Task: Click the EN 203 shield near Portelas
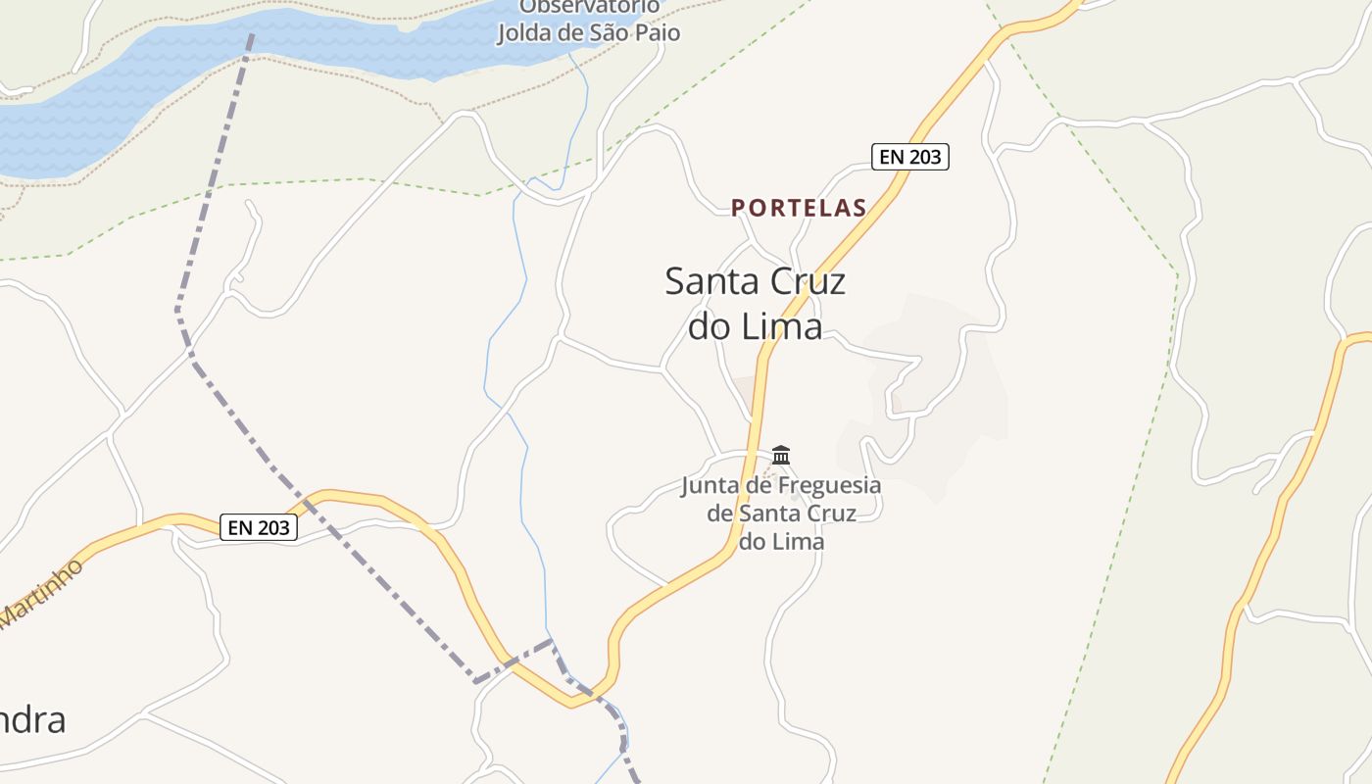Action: pos(910,157)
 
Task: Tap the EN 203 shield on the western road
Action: pos(259,527)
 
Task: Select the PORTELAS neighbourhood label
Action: pos(799,208)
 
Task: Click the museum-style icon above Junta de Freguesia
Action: pos(781,455)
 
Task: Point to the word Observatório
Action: pos(589,7)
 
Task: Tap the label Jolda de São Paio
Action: pos(589,32)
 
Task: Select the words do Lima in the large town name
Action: pos(755,326)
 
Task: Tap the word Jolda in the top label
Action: pos(526,32)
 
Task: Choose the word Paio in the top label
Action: pos(656,32)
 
